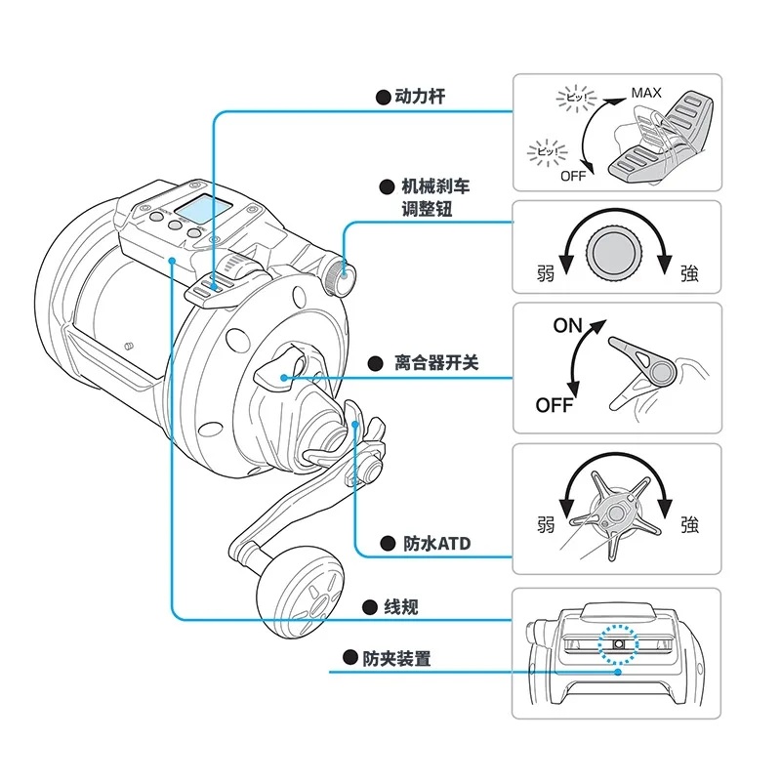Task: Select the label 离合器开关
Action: (x=436, y=363)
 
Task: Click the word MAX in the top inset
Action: (x=645, y=93)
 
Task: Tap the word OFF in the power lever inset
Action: (x=573, y=177)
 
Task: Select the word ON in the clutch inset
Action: (x=567, y=326)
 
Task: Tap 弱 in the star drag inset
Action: (x=547, y=524)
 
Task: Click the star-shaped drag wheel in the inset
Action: (x=615, y=513)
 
